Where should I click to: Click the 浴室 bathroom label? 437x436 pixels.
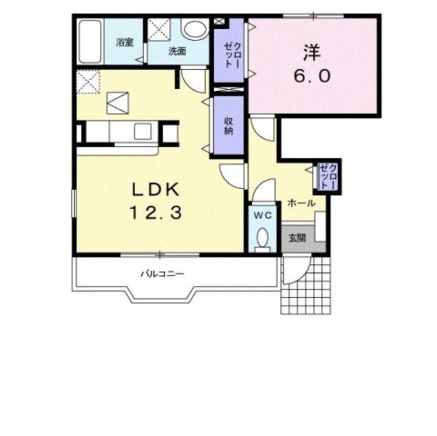pyautogui.click(x=124, y=43)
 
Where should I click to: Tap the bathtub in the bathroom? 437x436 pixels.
pyautogui.click(x=89, y=41)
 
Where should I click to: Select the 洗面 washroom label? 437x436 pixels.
pyautogui.click(x=177, y=51)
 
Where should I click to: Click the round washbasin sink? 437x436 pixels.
pyautogui.click(x=195, y=29)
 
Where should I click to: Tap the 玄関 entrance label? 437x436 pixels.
pyautogui.click(x=297, y=238)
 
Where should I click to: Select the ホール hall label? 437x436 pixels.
pyautogui.click(x=302, y=203)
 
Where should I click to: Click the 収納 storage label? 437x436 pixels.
pyautogui.click(x=228, y=126)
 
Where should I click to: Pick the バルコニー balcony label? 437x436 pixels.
pyautogui.click(x=162, y=274)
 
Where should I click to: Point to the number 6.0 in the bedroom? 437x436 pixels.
pyautogui.click(x=312, y=75)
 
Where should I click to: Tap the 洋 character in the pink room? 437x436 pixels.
pyautogui.click(x=312, y=53)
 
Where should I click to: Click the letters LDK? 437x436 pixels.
pyautogui.click(x=155, y=190)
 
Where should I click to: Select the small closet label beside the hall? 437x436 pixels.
pyautogui.click(x=329, y=177)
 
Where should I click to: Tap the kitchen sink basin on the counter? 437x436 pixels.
pyautogui.click(x=143, y=131)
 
